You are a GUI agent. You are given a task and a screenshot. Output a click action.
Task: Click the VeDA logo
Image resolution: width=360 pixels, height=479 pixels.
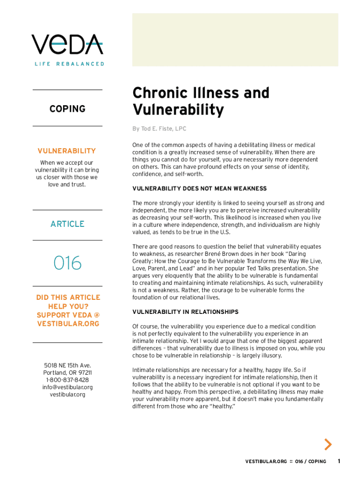[67, 45]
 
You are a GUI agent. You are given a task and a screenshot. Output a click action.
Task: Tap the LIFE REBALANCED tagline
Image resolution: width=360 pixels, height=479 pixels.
[69, 64]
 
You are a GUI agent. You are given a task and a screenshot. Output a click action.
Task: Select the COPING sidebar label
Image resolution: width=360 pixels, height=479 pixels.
[67, 109]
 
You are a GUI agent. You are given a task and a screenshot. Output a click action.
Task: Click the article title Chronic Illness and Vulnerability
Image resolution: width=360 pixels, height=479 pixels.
[201, 102]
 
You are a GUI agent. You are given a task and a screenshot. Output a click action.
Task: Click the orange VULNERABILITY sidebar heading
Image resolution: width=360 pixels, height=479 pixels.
[67, 151]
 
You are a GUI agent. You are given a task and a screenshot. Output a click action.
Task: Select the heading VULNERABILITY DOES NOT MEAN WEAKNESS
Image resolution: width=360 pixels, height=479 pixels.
[200, 189]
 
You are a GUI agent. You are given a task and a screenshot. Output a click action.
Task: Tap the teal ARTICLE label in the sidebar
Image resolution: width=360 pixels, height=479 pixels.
[67, 224]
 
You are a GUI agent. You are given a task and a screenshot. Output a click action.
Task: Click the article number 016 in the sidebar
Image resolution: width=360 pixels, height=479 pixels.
[67, 263]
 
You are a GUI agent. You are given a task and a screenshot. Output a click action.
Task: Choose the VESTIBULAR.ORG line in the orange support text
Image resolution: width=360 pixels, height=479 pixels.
[68, 324]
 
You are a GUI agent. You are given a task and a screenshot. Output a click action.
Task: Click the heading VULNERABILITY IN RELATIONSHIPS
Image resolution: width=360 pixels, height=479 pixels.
[185, 312]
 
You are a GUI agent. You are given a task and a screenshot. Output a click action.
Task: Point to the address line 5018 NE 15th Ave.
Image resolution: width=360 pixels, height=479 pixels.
[67, 365]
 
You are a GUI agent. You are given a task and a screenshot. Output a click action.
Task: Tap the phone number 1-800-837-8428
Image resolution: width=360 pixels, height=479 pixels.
[67, 380]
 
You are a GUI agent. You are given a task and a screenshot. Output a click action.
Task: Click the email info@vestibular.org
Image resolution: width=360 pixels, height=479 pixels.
[67, 387]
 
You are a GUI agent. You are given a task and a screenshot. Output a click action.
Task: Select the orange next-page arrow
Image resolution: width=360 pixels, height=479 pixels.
[328, 444]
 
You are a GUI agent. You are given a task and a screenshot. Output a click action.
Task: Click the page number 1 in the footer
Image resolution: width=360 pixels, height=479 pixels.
[339, 462]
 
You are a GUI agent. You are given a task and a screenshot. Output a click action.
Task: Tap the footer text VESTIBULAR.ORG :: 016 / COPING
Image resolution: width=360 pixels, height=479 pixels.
[286, 462]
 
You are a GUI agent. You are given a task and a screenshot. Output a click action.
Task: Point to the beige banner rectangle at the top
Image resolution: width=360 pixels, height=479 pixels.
[235, 39]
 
